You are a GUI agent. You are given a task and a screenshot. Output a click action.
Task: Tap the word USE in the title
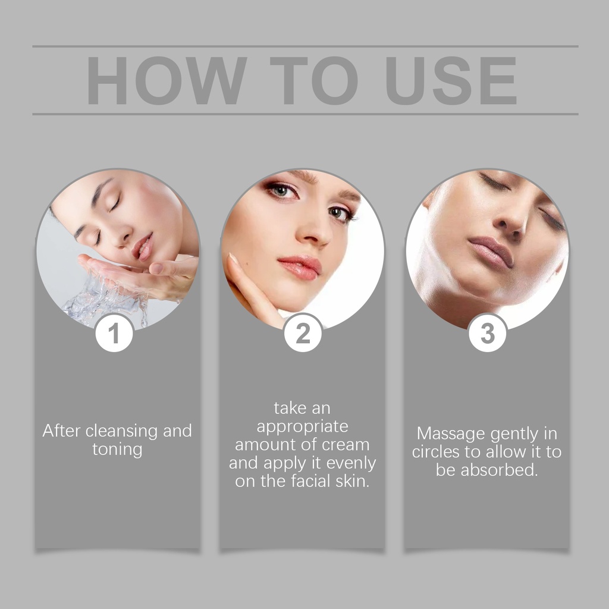pyautogui.click(x=451, y=80)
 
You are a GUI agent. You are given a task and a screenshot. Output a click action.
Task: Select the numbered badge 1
pyautogui.click(x=114, y=333)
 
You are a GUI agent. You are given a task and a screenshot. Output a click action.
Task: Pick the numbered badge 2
pyautogui.click(x=303, y=333)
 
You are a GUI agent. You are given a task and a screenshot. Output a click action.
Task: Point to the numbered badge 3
pyautogui.click(x=488, y=333)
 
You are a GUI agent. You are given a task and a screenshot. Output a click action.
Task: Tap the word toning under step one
pyautogui.click(x=117, y=450)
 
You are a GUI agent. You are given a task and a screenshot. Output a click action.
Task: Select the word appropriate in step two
pyautogui.click(x=302, y=427)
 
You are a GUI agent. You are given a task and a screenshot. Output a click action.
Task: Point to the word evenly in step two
pyautogui.click(x=351, y=463)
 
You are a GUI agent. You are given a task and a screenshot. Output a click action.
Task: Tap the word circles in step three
pyautogui.click(x=436, y=452)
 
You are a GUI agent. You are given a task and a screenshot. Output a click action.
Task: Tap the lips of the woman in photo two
pyautogui.click(x=300, y=268)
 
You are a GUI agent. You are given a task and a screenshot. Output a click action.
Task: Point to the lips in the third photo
pyautogui.click(x=491, y=252)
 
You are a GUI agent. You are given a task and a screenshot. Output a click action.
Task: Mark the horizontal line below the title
pyautogui.click(x=305, y=114)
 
